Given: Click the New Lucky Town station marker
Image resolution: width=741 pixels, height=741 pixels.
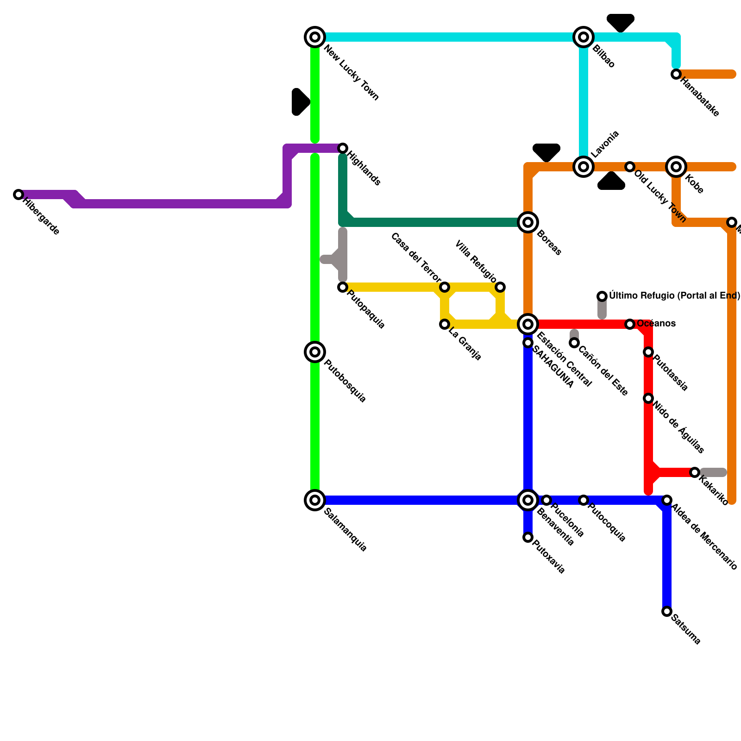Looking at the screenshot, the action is [x=315, y=37].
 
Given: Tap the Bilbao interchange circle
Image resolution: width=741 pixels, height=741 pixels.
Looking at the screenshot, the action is [x=584, y=37].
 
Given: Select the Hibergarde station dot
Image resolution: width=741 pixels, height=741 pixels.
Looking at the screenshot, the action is [x=19, y=195].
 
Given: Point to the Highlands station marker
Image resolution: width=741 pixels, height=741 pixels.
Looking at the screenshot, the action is [x=343, y=148].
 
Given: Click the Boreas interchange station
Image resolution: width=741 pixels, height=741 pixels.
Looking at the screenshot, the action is [x=528, y=222].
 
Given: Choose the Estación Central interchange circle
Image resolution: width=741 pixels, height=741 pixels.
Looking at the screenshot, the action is [x=528, y=324].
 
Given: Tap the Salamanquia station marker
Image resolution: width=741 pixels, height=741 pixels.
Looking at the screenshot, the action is [x=315, y=500].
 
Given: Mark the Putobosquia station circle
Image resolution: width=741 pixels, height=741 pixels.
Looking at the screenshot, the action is [x=315, y=352].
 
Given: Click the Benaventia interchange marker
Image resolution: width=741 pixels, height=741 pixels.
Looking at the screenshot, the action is [x=528, y=500].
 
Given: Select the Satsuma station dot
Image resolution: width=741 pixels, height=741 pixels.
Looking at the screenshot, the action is [x=667, y=611].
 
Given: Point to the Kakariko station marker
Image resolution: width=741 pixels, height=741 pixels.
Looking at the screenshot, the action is [x=695, y=472].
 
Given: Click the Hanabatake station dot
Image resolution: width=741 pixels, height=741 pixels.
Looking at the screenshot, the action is [x=676, y=74].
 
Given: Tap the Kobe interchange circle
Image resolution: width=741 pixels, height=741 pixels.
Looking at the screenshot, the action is [x=676, y=167].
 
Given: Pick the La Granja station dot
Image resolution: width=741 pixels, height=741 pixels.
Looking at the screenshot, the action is [x=445, y=324].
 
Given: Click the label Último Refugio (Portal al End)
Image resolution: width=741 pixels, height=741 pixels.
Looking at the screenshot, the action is [x=674, y=295].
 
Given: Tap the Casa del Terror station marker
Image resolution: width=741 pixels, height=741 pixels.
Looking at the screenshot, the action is [x=445, y=287].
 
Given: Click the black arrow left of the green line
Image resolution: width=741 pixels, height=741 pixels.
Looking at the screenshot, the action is [x=300, y=102].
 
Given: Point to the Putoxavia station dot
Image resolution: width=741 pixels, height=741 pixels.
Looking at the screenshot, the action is [x=528, y=537].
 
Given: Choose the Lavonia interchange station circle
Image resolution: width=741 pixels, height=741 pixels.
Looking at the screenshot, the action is [x=584, y=167].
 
